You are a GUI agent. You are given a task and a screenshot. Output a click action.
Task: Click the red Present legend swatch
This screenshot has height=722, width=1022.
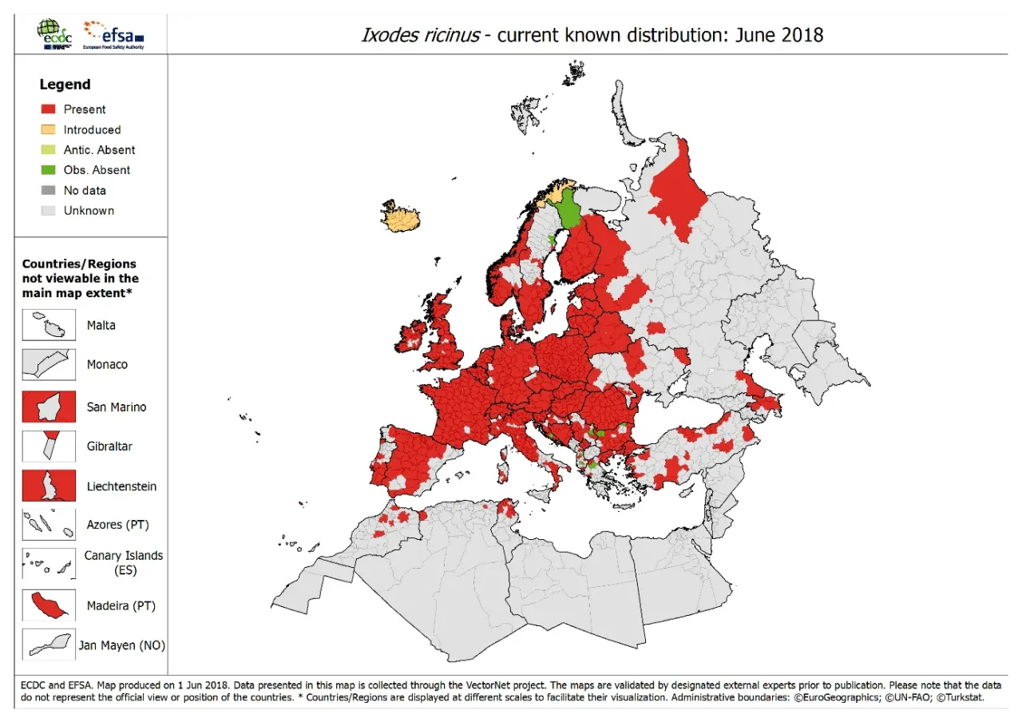coord(49,109)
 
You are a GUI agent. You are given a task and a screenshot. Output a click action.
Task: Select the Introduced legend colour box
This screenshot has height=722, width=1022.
coord(49,129)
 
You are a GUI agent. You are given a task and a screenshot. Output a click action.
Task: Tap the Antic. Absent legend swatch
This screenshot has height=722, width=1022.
coord(49,150)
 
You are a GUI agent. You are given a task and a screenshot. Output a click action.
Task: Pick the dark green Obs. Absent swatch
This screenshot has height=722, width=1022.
coord(49,170)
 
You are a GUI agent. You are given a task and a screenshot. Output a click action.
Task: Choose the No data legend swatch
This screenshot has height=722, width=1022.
coord(49,190)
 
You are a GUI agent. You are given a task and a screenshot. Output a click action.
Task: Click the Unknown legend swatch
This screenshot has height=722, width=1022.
coord(49,211)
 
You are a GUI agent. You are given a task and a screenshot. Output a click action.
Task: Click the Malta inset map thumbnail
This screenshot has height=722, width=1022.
coord(49,326)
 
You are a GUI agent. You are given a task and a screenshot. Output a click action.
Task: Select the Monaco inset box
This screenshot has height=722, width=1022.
coord(49,364)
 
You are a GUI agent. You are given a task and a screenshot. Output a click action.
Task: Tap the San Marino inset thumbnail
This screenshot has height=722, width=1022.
coord(49,407)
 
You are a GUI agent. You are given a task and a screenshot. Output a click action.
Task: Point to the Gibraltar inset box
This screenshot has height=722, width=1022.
coord(49,446)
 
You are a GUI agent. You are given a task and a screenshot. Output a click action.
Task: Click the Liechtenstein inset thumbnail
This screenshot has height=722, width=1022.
coord(49,486)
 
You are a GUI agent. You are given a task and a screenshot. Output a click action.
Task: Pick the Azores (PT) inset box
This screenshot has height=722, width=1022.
coord(49,525)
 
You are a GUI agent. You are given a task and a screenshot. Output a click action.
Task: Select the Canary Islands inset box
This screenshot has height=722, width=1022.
coord(49,564)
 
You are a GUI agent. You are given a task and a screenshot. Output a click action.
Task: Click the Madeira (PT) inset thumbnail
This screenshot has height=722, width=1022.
coord(49,605)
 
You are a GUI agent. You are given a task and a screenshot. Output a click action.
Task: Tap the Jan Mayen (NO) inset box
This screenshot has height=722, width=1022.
coord(49,645)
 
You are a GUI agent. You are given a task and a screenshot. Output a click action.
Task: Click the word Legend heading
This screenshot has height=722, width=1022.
coord(65,85)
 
